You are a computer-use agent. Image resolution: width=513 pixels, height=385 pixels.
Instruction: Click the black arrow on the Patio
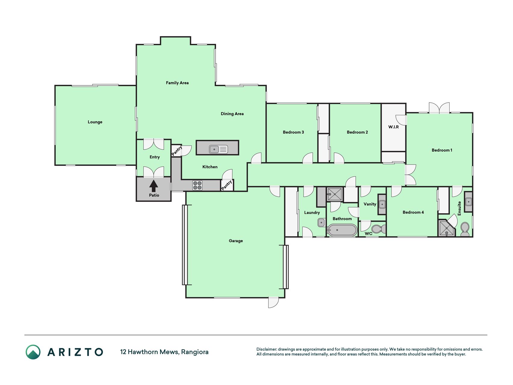click(x=154, y=186)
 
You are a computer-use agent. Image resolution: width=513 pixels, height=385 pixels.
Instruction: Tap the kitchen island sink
click(x=219, y=149)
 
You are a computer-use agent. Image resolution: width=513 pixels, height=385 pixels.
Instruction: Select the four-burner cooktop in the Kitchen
click(x=197, y=185)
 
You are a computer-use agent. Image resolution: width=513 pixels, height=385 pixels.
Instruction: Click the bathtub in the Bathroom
click(x=342, y=230)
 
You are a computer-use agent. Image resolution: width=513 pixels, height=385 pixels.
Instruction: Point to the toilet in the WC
click(x=379, y=229)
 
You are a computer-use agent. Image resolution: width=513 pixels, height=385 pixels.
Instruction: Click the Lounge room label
click(x=95, y=122)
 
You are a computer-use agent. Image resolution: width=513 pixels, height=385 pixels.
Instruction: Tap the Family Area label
click(x=177, y=83)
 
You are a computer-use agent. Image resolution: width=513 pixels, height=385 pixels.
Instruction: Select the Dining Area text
click(x=232, y=114)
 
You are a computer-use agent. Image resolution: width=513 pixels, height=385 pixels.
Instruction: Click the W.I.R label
click(x=393, y=127)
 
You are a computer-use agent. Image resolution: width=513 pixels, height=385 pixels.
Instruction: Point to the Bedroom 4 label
click(x=413, y=212)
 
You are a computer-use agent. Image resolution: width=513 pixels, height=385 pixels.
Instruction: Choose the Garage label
click(x=236, y=241)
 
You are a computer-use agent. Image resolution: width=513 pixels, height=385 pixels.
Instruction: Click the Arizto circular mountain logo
click(x=33, y=352)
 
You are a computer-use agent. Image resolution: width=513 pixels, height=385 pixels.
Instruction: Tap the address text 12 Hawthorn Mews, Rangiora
click(x=164, y=352)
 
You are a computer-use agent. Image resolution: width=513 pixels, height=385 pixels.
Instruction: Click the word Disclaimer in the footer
click(x=266, y=349)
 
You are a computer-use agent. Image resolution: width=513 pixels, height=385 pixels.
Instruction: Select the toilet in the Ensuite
click(x=465, y=229)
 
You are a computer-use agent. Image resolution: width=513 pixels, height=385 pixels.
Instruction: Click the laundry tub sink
click(x=321, y=223)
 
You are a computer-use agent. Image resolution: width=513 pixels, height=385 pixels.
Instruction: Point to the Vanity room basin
click(x=382, y=204)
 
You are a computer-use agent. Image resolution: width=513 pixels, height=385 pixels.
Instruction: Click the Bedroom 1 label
click(x=442, y=150)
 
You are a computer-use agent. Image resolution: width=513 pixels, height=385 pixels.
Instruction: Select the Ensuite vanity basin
click(x=469, y=202)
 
